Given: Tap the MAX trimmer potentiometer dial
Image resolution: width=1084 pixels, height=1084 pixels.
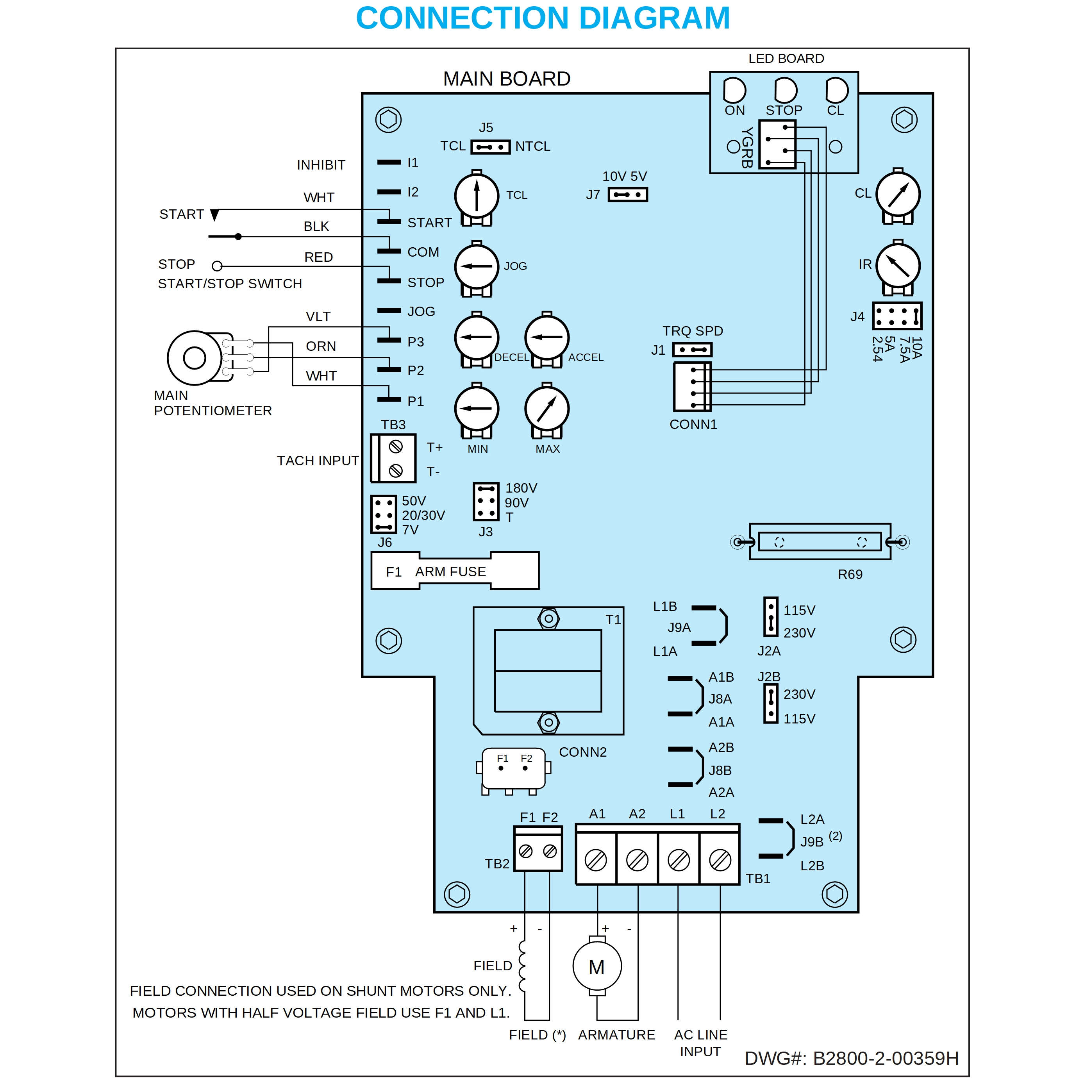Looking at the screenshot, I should (546, 409).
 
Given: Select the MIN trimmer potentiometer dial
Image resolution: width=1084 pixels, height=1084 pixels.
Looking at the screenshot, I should (476, 409).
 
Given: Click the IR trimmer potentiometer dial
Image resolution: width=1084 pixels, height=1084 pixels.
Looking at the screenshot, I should (897, 266).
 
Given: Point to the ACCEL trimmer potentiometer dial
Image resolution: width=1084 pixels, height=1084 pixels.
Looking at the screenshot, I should (546, 337).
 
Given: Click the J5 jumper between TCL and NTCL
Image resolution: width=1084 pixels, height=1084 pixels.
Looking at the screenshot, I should (490, 147).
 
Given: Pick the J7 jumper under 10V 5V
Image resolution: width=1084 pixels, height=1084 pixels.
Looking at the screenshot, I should (627, 195).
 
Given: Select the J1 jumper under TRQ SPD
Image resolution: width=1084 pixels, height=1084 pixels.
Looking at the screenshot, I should (692, 350).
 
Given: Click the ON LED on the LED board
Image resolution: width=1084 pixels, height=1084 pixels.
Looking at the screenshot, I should (734, 90).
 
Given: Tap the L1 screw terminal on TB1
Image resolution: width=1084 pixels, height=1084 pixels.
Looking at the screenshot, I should (679, 859).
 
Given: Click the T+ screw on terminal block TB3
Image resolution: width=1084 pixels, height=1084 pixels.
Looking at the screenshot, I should (396, 446).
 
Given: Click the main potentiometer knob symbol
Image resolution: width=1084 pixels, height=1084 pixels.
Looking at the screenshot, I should (195, 357).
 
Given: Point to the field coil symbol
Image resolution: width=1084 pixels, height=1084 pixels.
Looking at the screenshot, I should (523, 965).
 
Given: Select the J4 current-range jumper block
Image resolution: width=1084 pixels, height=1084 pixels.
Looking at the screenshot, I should (896, 316).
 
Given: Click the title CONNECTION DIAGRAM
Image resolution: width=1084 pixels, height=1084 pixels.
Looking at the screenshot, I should (543, 18).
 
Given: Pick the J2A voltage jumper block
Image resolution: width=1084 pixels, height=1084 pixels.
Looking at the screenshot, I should (771, 617).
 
